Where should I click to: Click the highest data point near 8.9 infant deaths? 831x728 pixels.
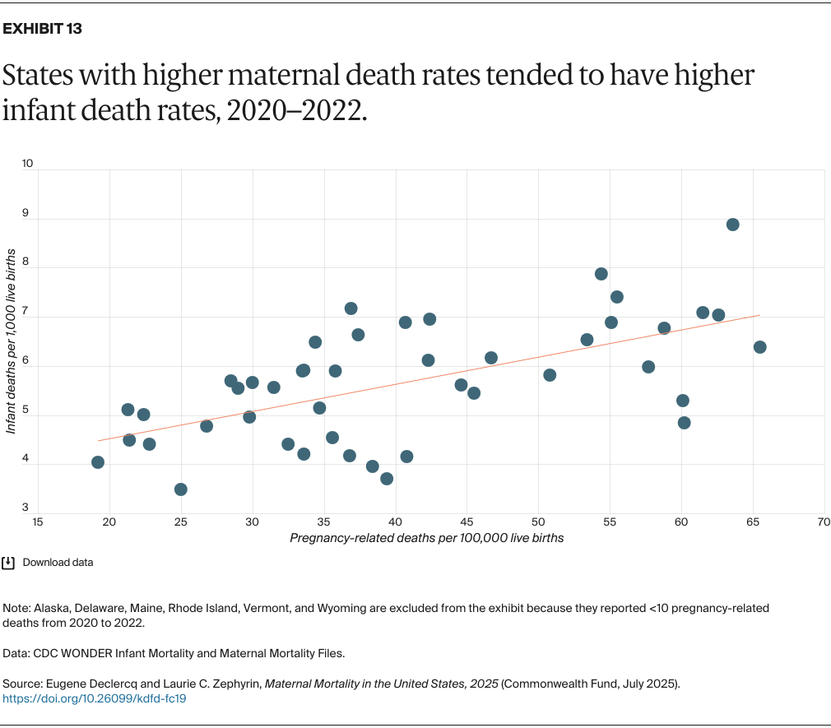tap(732, 225)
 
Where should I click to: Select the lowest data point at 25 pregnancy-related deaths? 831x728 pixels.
tap(181, 489)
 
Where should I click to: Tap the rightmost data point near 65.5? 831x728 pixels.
tap(759, 347)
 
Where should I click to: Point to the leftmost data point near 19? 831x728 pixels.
tap(98, 462)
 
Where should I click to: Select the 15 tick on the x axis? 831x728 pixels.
tap(38, 522)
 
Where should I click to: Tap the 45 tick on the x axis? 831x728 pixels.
tap(467, 522)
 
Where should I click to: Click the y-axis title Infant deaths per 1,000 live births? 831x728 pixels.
tap(12, 341)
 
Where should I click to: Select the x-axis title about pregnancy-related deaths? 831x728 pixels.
tap(426, 538)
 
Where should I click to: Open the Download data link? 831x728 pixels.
tap(58, 563)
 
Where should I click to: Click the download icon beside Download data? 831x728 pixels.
tap(9, 563)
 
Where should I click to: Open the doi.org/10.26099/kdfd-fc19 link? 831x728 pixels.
tap(95, 698)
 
